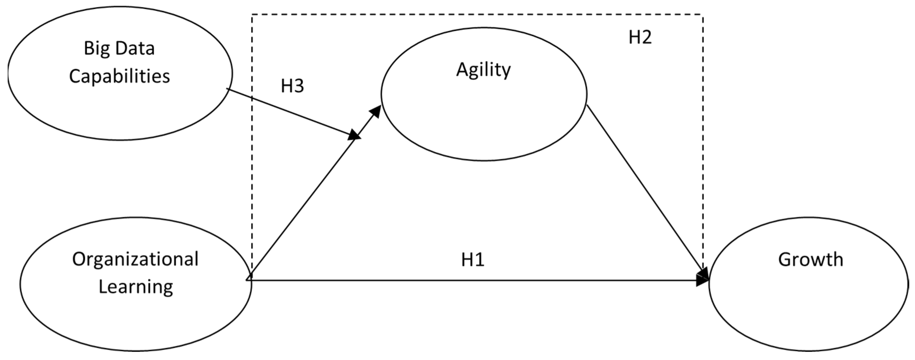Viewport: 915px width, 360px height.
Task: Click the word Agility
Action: [x=483, y=70]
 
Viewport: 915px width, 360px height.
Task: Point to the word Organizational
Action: [x=135, y=260]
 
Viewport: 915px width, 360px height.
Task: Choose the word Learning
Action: [x=136, y=287]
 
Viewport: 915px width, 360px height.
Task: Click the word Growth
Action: [x=811, y=260]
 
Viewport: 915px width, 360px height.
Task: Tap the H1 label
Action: [x=472, y=260]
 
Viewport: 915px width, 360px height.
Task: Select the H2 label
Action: [x=640, y=37]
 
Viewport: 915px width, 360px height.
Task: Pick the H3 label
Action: [x=292, y=86]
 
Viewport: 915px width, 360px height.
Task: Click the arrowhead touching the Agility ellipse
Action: [x=376, y=111]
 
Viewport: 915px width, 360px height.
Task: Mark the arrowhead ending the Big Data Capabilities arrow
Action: [x=354, y=135]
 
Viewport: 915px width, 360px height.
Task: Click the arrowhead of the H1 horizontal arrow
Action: [x=703, y=280]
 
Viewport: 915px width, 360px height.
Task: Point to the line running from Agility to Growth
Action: [x=643, y=188]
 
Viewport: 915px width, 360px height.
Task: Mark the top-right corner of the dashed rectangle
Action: [x=702, y=14]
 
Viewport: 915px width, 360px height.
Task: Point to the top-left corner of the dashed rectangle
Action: [x=252, y=14]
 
